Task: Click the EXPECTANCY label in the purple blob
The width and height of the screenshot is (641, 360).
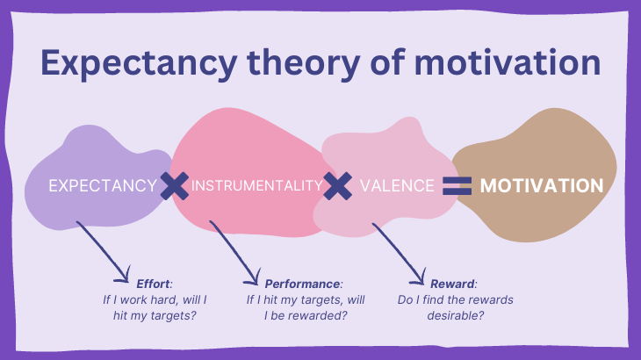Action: coord(102,186)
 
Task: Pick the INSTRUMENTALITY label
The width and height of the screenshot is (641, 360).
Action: coord(256,186)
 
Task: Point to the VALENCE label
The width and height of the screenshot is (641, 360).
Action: coord(397,186)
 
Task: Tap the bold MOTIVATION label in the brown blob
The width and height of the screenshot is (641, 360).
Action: coord(542,186)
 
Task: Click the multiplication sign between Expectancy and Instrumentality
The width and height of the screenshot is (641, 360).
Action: coord(175,185)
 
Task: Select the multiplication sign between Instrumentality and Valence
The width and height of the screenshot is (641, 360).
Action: coord(337,185)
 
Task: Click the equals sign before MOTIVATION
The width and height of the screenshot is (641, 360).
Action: coord(457,185)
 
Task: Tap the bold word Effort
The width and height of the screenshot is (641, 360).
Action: coord(154,284)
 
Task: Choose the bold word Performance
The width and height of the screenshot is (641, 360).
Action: coord(303,284)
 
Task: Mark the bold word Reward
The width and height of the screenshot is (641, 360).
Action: coord(453,284)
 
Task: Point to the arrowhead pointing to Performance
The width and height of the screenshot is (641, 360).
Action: coord(255,279)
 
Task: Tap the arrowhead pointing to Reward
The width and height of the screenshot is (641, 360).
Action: coord(418,279)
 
